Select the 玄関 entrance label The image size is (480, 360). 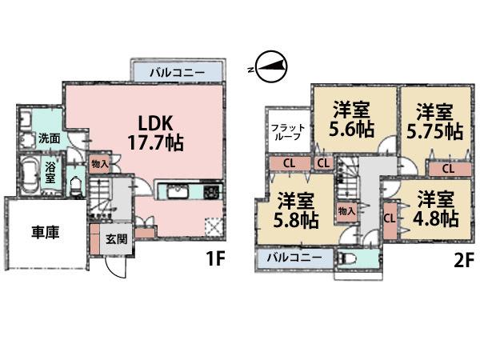(x=115, y=239)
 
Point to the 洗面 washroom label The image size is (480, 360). (x=49, y=138)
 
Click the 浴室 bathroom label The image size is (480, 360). (x=50, y=173)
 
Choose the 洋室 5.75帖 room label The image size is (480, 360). (x=434, y=120)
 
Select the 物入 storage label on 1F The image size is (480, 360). (x=99, y=163)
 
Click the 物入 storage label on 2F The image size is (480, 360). (x=346, y=211)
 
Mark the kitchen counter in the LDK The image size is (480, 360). (x=191, y=192)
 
